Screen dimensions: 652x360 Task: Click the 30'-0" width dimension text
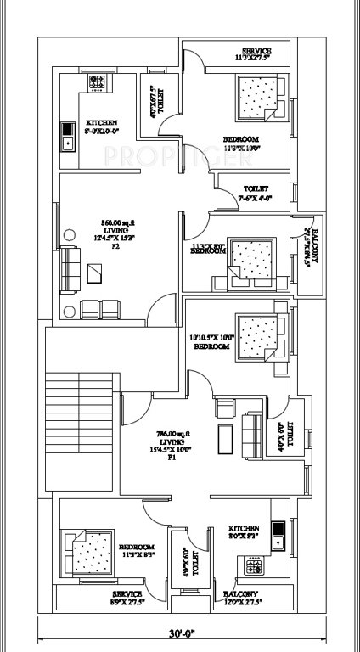click(180, 633)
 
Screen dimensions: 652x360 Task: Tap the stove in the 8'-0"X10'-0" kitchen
click(98, 83)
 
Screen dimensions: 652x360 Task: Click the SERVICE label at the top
click(256, 54)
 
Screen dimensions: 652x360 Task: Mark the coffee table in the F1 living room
click(225, 436)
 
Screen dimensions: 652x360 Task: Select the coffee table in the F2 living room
click(94, 273)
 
